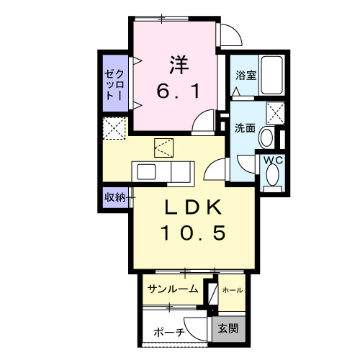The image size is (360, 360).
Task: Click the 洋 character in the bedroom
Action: click(x=179, y=64)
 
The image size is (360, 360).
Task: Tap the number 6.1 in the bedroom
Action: click(x=179, y=91)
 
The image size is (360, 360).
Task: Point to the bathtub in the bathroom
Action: click(x=272, y=76)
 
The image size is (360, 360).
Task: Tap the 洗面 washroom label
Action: click(x=245, y=128)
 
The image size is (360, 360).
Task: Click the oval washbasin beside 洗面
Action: click(x=266, y=138)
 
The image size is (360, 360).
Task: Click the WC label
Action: click(x=273, y=161)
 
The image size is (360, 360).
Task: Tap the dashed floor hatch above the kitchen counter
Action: click(x=163, y=149)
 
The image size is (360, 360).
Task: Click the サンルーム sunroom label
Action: click(x=173, y=290)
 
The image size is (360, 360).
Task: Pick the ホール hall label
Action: click(x=232, y=290)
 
